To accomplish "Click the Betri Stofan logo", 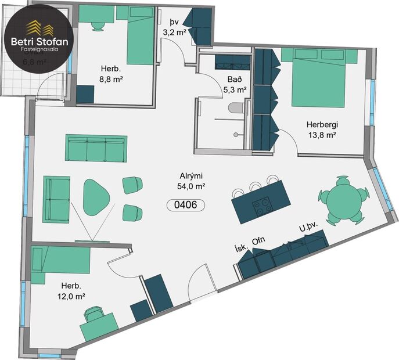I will point(39,37).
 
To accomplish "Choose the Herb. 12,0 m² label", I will point(72,291).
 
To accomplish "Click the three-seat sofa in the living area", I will point(96,148).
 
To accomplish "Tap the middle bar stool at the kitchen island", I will point(256,187).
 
